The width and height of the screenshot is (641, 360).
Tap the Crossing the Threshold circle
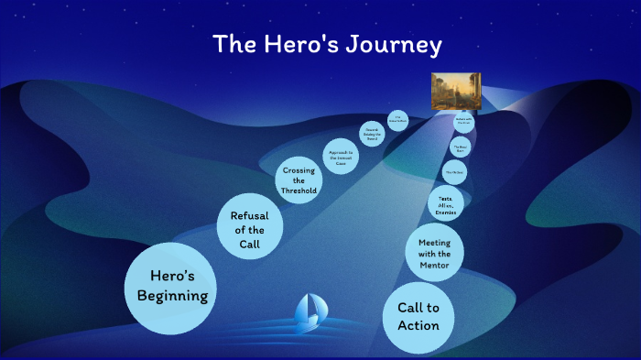pyautogui.click(x=299, y=180)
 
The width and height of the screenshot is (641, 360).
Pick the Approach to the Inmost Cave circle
pyautogui.click(x=339, y=154)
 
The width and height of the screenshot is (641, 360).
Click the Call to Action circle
pyautogui.click(x=418, y=317)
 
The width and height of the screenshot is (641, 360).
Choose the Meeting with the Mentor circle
pyautogui.click(x=434, y=250)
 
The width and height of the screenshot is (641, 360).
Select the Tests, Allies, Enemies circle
pyautogui.click(x=446, y=204)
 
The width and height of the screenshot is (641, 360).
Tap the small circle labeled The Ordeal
pyautogui.click(x=455, y=171)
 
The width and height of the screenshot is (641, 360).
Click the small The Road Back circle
pyautogui.click(x=461, y=146)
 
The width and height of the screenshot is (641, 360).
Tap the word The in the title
pyautogui.click(x=234, y=44)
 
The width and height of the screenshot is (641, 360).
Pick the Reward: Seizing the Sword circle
pyautogui.click(x=371, y=132)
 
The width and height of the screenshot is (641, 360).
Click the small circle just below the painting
pyautogui.click(x=462, y=120)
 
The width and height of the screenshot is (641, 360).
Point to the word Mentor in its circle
pyautogui.click(x=434, y=266)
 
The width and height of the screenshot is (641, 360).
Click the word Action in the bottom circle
pyautogui.click(x=418, y=326)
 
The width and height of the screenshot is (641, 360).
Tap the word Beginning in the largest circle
pyautogui.click(x=172, y=296)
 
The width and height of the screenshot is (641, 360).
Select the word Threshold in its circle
pyautogui.click(x=299, y=191)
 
